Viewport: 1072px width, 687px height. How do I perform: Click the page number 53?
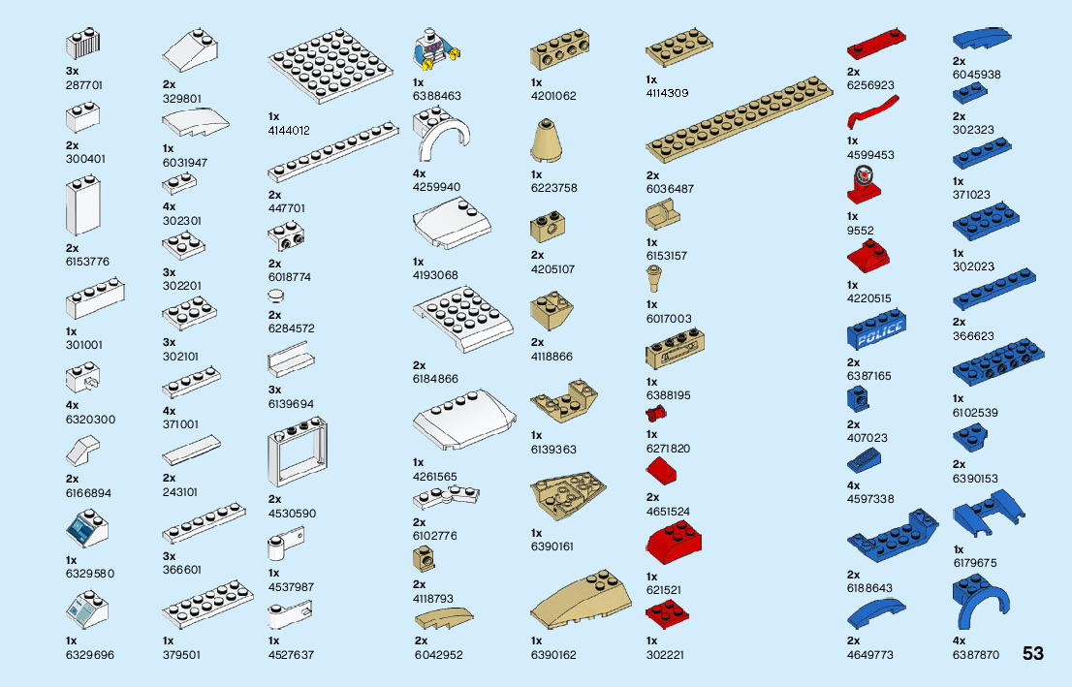click(x=1032, y=653)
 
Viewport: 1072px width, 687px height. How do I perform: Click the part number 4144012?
click(x=289, y=130)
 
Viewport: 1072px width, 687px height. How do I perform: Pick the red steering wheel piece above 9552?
click(x=864, y=183)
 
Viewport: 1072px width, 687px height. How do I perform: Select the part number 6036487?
click(x=670, y=189)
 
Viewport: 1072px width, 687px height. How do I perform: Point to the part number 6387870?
click(x=975, y=655)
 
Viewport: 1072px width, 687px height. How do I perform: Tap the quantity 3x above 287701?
click(x=73, y=71)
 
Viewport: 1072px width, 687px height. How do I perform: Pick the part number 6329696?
click(x=90, y=655)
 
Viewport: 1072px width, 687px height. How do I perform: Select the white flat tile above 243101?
click(x=190, y=451)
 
